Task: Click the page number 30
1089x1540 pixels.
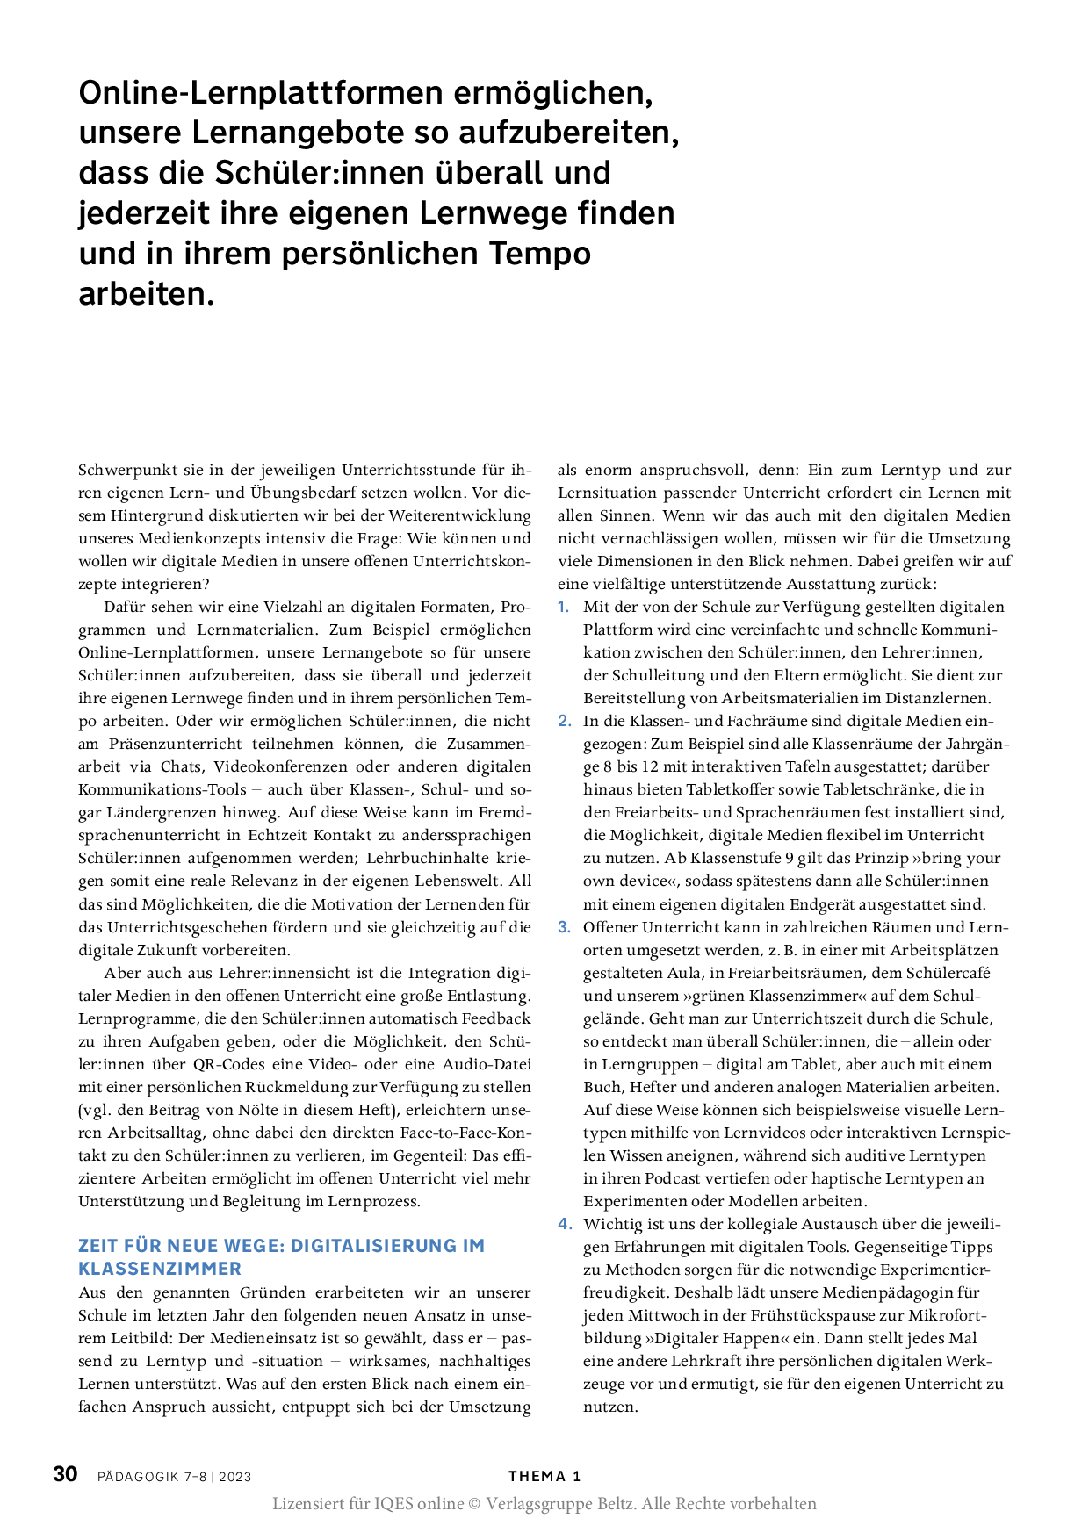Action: (x=66, y=1474)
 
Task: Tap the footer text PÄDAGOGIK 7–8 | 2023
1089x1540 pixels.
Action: (x=175, y=1477)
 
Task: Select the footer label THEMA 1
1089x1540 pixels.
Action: (x=544, y=1477)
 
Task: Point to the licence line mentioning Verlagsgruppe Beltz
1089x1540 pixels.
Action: (x=544, y=1504)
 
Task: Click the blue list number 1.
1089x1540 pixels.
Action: (x=564, y=607)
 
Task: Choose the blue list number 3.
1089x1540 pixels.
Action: (x=564, y=927)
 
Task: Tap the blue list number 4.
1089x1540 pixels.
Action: (x=564, y=1224)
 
